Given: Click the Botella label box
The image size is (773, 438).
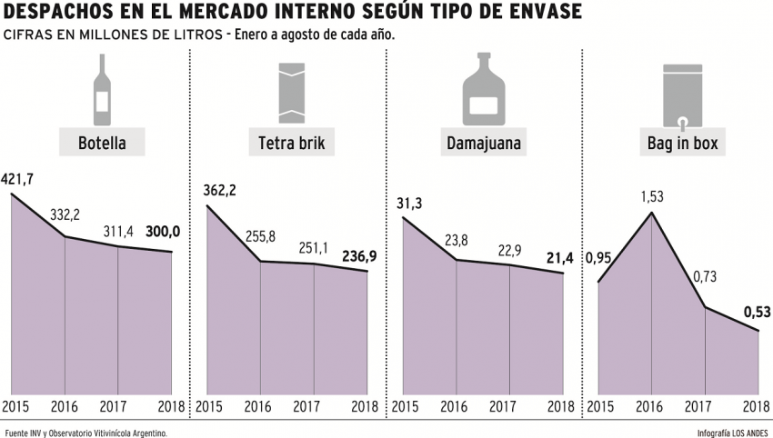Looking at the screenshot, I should [102, 143].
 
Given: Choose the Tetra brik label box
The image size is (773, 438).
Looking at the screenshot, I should [291, 143].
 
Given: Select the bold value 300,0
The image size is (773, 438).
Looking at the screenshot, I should [164, 233].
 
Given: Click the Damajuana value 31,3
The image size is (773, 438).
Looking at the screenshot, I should [409, 203].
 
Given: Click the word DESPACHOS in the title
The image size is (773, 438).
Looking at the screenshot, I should [56, 14].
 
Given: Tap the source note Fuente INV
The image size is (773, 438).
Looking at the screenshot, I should [86, 433].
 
